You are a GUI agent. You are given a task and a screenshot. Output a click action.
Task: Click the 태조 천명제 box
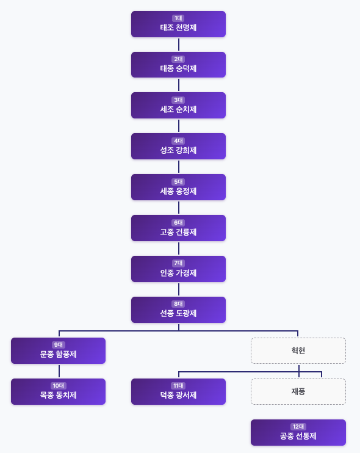coord(178,24)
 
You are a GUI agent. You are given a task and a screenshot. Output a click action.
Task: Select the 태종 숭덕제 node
coord(178,65)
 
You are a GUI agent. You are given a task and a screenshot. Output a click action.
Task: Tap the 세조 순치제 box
coord(178,106)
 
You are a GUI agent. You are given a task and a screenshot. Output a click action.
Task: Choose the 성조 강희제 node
coord(178,147)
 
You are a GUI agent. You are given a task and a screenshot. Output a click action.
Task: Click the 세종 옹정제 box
coord(178,187)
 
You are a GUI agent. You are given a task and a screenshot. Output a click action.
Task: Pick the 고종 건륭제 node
coord(178,228)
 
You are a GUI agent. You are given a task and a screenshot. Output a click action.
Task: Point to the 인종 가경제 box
coord(178,269)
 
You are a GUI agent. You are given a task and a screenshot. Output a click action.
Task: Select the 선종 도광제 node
coord(178,310)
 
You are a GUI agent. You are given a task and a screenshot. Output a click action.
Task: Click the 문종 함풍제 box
coord(58,351)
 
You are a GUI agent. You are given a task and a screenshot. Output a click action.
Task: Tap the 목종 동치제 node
coord(58,392)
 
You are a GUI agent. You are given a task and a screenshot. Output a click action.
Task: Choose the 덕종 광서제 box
coord(178,392)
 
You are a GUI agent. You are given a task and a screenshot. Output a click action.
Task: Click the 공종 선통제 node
coord(298,433)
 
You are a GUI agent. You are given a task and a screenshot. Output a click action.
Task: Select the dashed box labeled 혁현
coord(298,351)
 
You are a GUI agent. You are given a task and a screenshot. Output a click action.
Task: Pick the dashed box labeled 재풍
coord(298,392)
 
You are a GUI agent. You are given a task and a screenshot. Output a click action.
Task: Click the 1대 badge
coord(178,18)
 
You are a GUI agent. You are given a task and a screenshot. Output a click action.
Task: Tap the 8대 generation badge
coord(178,304)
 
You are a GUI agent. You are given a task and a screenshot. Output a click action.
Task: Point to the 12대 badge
coord(298,427)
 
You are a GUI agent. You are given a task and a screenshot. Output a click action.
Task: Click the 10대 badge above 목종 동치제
coord(58,386)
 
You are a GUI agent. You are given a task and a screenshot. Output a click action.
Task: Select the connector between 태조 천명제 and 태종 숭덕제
coord(179,45)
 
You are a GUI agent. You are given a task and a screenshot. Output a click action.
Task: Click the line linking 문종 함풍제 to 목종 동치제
coord(59,371)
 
